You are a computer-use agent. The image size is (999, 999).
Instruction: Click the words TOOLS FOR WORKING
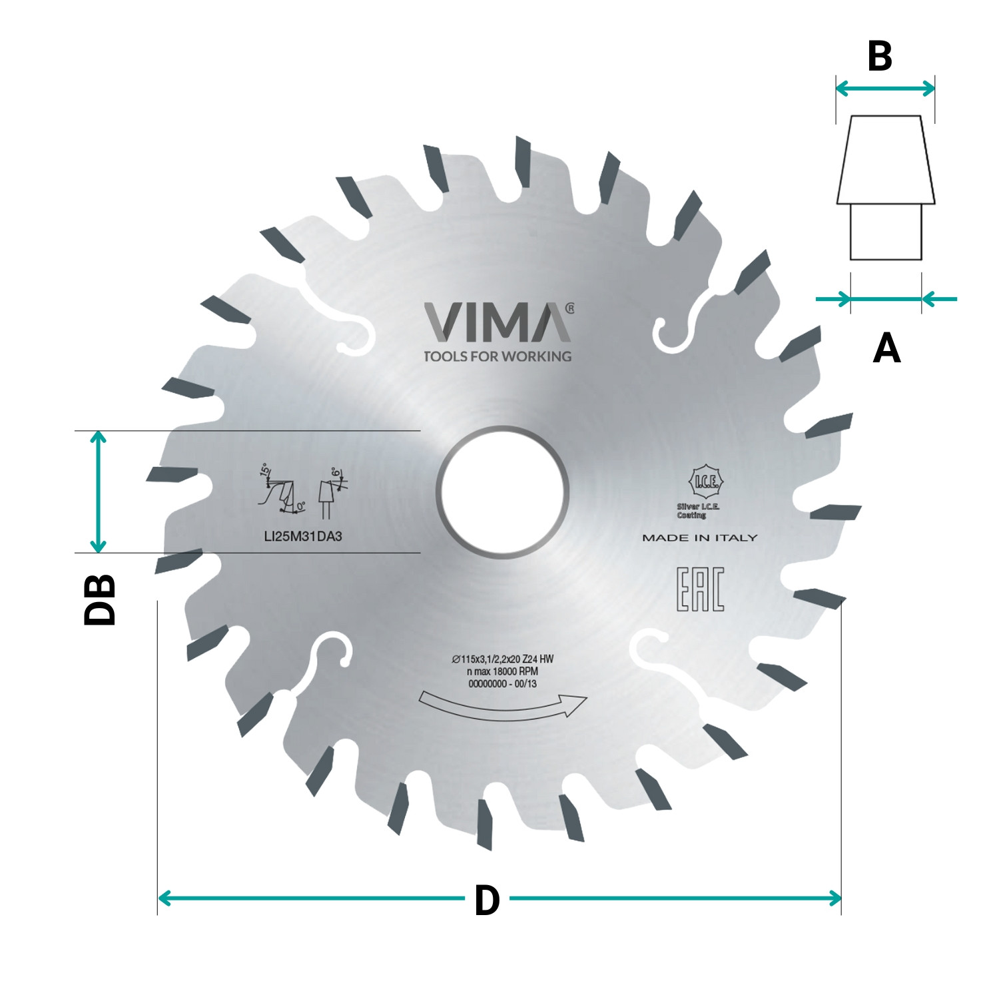(498, 356)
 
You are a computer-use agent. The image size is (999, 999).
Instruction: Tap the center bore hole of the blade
(502, 492)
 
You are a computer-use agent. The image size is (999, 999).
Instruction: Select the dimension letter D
(487, 900)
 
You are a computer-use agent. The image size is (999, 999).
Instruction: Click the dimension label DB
(100, 599)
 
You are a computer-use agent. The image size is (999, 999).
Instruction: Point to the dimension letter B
(880, 57)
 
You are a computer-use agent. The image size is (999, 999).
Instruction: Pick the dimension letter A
(886, 348)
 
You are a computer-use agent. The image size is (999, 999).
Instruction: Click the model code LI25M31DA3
(303, 536)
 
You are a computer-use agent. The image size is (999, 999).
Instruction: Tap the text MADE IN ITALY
(699, 537)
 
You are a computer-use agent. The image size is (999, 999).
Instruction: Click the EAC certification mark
(700, 589)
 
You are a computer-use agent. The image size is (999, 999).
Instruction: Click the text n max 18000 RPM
(502, 671)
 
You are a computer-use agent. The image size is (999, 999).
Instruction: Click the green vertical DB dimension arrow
(98, 492)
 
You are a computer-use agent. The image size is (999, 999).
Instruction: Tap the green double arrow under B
(885, 88)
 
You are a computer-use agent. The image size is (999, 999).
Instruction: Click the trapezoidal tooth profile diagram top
(886, 160)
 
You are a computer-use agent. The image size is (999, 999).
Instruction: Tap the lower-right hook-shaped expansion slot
(659, 656)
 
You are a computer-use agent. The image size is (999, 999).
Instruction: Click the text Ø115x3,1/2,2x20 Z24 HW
(503, 659)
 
